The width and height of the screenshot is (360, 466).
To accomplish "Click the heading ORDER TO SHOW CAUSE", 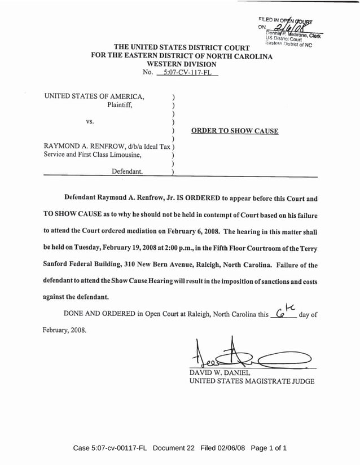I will pyautogui.click(x=235, y=131).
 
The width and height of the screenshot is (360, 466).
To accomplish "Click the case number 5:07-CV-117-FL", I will pyautogui.click(x=181, y=73).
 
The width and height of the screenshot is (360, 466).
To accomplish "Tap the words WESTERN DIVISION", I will pyautogui.click(x=180, y=64).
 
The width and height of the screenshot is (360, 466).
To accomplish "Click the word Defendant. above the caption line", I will pyautogui.click(x=126, y=170).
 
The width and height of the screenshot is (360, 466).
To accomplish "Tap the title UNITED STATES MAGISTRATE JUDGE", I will pyautogui.click(x=252, y=381).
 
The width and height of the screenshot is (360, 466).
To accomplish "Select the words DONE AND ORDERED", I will pyautogui.click(x=99, y=314).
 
